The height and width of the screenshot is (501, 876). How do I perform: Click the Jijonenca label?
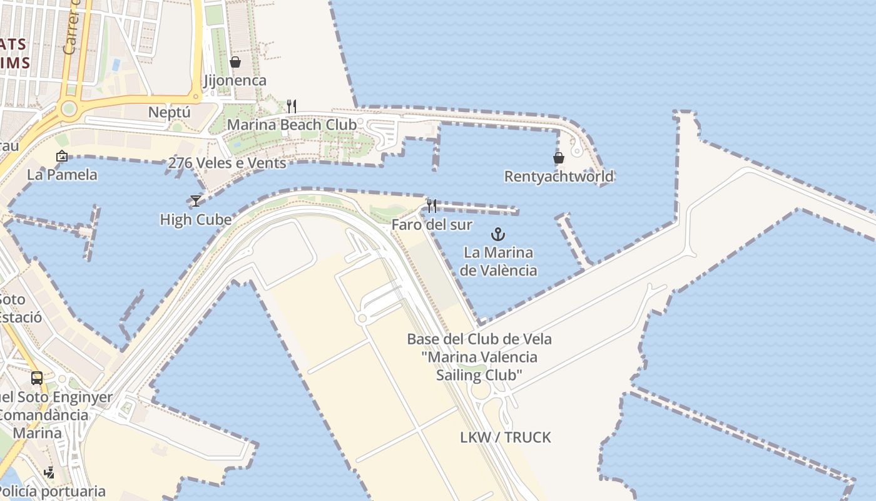pos(235,81)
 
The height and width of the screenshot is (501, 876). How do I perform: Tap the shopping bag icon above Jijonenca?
pos(235,62)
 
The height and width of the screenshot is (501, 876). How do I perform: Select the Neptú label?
pos(169,113)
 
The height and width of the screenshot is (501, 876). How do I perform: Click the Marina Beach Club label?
pos(292,125)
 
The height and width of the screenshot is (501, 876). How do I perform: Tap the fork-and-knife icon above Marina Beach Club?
pos(291,106)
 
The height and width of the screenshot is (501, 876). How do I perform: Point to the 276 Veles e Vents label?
pos(227,163)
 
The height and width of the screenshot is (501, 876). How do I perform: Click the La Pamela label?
pos(62,175)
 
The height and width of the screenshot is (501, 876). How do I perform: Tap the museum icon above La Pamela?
pos(61,156)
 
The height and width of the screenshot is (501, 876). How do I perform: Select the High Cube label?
pos(195,220)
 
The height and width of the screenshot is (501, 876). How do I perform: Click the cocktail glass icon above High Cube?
pos(196,201)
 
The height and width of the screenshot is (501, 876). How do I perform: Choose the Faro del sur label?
pos(432,224)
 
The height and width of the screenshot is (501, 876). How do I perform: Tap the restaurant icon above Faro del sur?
pos(431,205)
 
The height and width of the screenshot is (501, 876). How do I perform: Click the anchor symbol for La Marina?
pos(498,235)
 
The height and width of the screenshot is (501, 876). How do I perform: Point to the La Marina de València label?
pos(498,261)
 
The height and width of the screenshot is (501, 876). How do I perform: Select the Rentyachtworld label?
pos(559,177)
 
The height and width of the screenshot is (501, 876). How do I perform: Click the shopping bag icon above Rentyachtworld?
pos(559,158)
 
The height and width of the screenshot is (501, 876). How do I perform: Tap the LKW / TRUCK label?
pos(506,437)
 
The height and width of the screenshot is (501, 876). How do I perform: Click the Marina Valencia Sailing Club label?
pos(479,357)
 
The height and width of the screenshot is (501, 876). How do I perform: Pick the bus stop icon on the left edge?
pos(37,378)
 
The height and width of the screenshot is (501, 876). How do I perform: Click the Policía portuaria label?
pos(53,492)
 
